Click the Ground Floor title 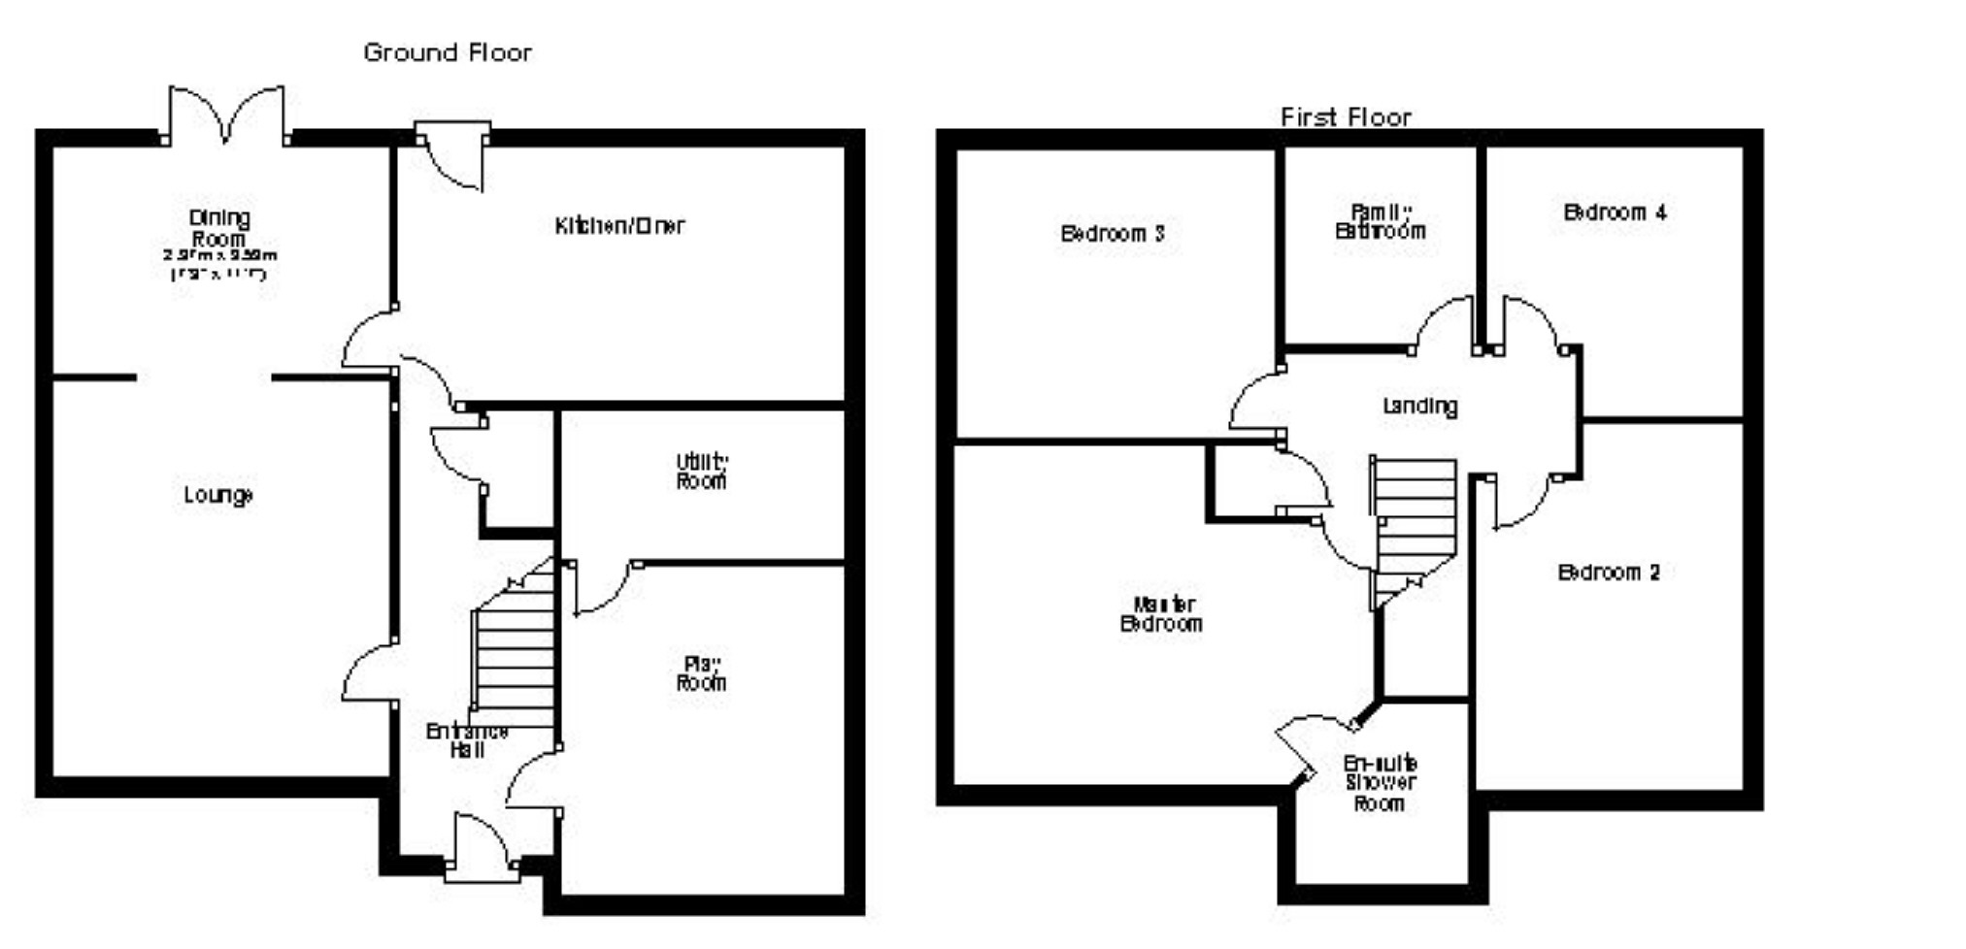(448, 52)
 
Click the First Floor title (1346, 117)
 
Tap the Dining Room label (219, 228)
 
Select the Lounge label (218, 495)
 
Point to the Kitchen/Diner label (619, 226)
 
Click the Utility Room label (701, 472)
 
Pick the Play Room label (701, 673)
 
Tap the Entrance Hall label (467, 740)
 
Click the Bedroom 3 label (1113, 234)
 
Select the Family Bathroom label (1380, 221)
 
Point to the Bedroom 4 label (1615, 212)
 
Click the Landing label (1419, 406)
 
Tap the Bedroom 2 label (1609, 573)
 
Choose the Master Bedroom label (1161, 614)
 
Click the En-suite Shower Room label (1380, 783)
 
